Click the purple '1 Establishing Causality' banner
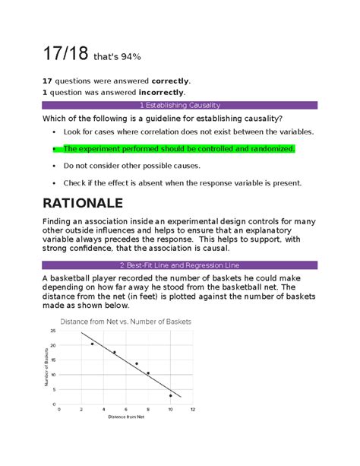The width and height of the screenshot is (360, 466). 179,105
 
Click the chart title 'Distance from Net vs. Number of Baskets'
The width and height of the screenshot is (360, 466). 131,322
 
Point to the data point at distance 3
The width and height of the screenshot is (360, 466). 93,344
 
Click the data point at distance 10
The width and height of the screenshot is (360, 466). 171,395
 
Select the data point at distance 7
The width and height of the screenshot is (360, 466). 137,364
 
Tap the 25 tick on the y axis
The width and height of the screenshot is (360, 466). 52,331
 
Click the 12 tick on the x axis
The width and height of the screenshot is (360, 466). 194,408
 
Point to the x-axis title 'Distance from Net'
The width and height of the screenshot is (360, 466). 125,417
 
